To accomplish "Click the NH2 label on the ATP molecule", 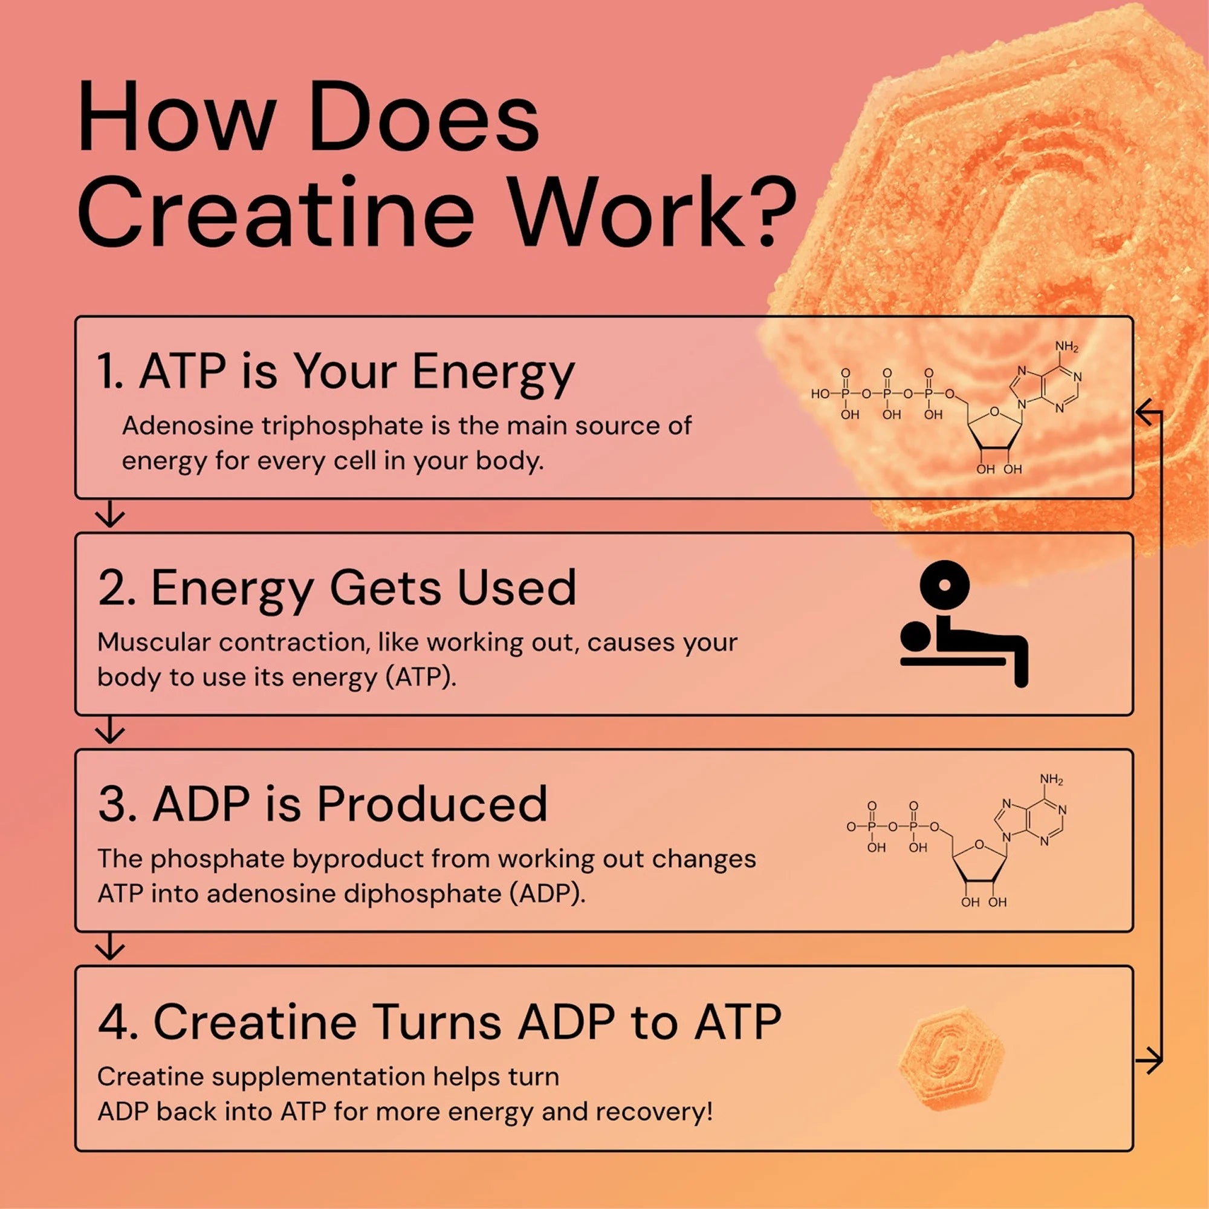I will (x=1066, y=346).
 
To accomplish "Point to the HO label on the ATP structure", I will (x=820, y=394).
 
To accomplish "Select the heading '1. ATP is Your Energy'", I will (x=335, y=372).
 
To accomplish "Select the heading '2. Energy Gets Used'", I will (x=337, y=588).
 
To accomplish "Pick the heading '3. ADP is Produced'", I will (x=323, y=804).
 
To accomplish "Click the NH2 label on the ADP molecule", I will (x=1051, y=780).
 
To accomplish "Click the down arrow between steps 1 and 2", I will (x=110, y=515).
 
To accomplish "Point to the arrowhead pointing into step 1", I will (x=1144, y=412).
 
